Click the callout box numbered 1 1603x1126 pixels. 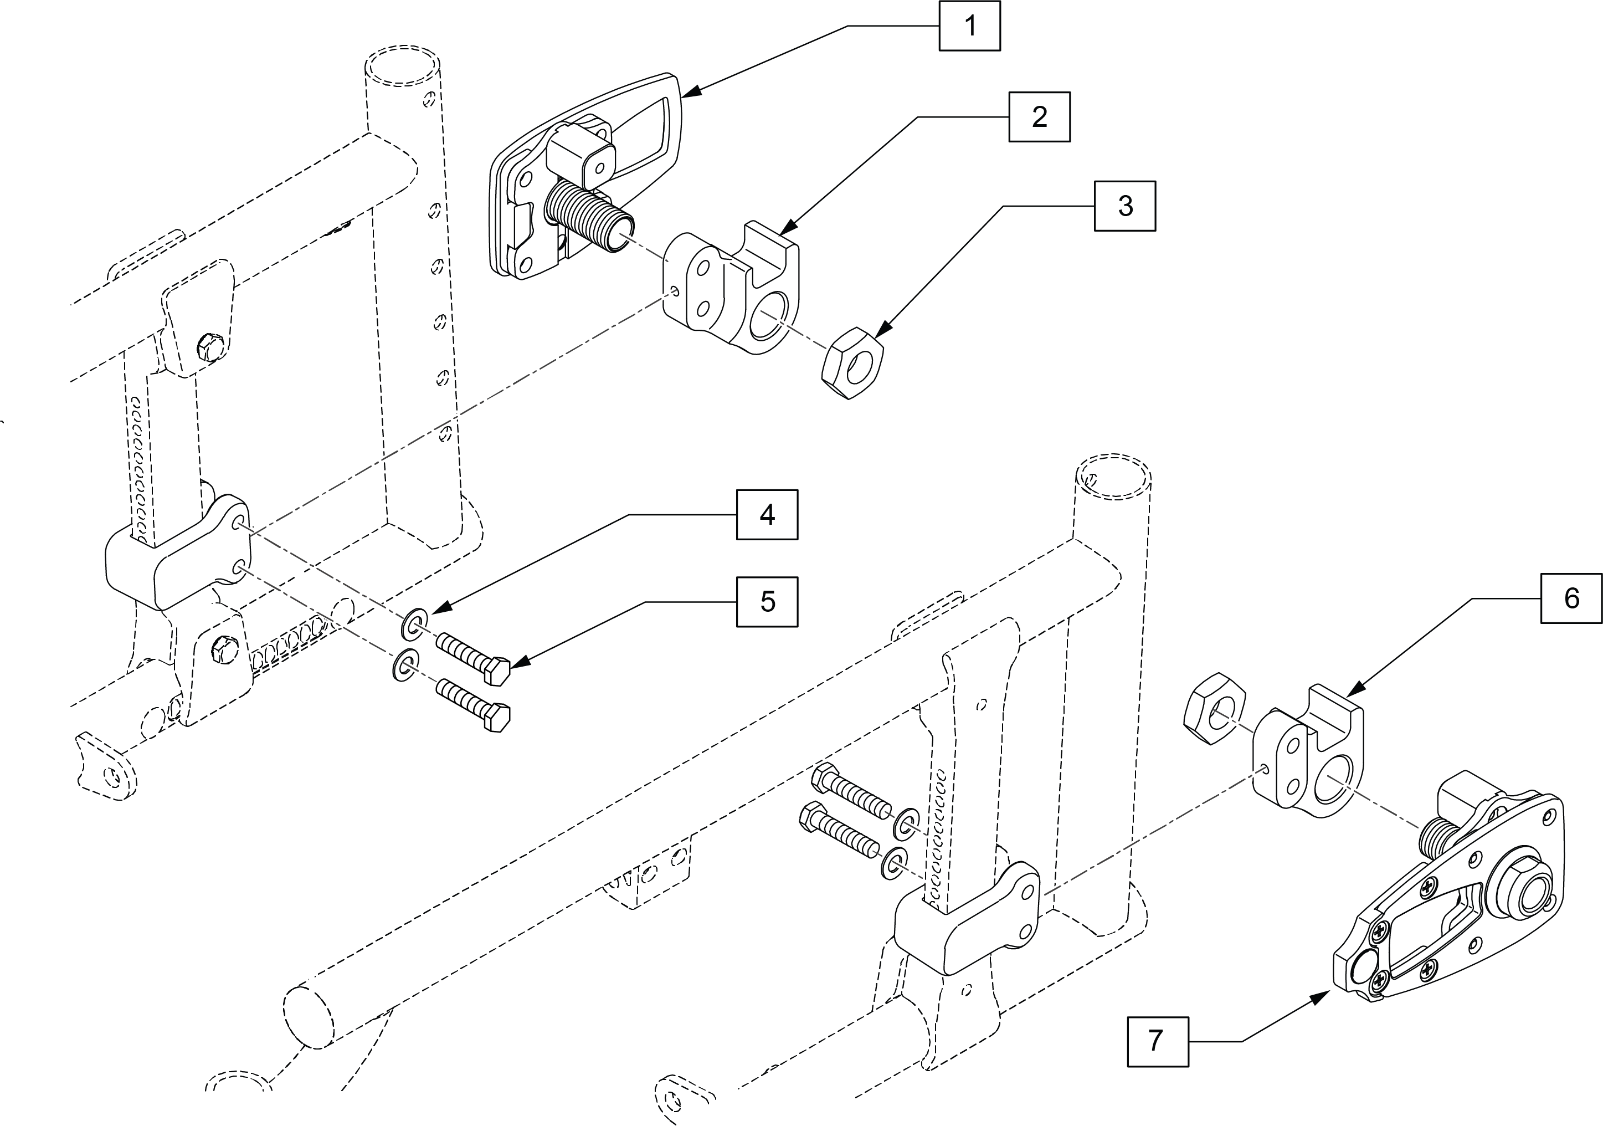tap(969, 26)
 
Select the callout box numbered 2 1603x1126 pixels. tap(1039, 117)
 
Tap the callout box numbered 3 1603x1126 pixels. tap(1125, 206)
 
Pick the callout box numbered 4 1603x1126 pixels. tap(767, 515)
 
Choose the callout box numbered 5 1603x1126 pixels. tap(767, 601)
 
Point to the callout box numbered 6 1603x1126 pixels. tap(1571, 598)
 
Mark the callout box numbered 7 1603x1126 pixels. tap(1158, 1041)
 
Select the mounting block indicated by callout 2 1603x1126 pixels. tap(731, 287)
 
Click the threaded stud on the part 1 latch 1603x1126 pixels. tap(588, 214)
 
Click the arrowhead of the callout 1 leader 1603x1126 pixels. tap(691, 91)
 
